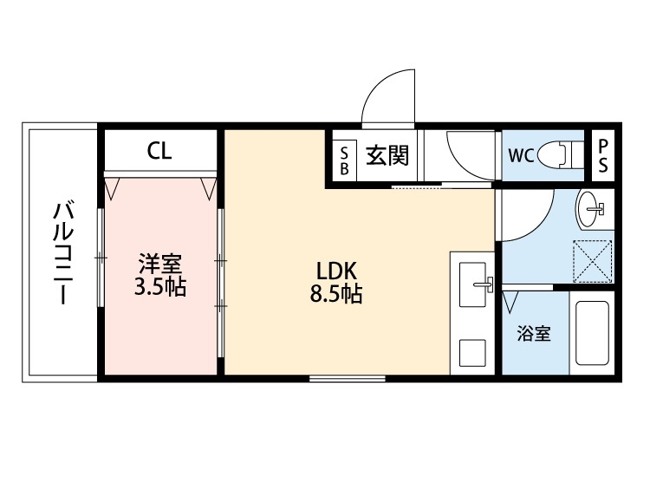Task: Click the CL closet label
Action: [x=159, y=152]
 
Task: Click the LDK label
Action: [x=336, y=268]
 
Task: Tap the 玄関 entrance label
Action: [x=387, y=156]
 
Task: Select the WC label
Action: [x=520, y=156]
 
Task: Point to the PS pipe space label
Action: [x=602, y=156]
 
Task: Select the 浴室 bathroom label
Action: [x=534, y=334]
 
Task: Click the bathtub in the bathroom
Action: [x=593, y=334]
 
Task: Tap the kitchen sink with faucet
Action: [x=472, y=283]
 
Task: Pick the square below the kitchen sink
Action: [x=472, y=353]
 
